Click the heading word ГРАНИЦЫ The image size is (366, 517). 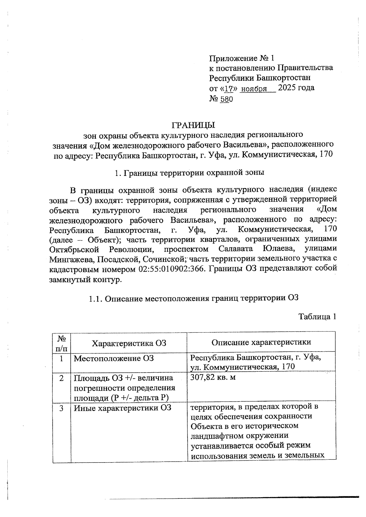(193, 125)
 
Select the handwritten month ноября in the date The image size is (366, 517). (254, 89)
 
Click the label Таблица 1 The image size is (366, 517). (317, 317)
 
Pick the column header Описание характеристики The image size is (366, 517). (261, 342)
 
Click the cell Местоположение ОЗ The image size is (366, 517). (114, 358)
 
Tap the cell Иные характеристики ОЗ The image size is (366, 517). (123, 408)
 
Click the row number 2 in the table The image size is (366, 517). (62, 378)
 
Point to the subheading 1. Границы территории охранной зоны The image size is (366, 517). (189, 173)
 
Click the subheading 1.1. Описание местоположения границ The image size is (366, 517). (193, 298)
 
